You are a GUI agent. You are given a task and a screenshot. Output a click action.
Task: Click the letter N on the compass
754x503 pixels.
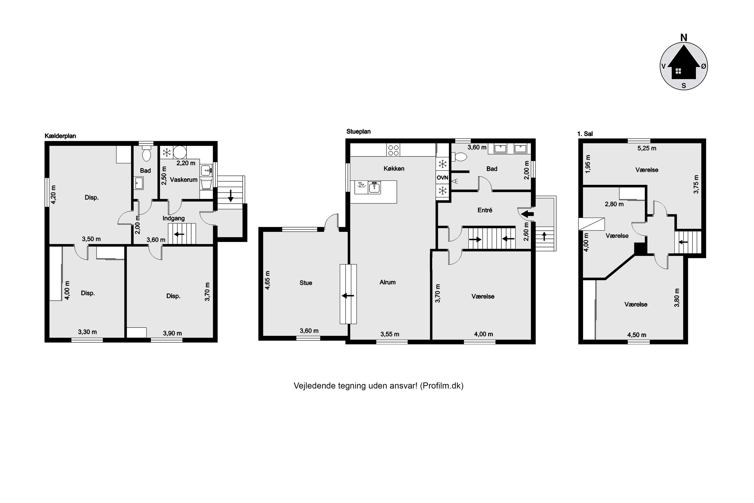tap(684, 38)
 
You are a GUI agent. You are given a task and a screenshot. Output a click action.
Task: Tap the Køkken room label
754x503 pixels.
tap(394, 169)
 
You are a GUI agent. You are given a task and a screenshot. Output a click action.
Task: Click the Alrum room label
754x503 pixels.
tap(388, 282)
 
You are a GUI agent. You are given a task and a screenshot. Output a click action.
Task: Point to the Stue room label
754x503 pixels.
tap(306, 283)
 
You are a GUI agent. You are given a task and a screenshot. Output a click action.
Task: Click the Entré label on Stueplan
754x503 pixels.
tap(485, 210)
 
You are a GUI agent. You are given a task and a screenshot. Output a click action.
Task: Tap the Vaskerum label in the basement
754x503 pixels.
tap(184, 180)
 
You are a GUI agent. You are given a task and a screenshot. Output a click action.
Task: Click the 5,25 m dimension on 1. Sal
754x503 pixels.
tap(647, 148)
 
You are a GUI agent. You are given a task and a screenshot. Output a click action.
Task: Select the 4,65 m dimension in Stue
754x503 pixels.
tap(268, 280)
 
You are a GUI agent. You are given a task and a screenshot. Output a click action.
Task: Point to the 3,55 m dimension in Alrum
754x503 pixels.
tap(390, 334)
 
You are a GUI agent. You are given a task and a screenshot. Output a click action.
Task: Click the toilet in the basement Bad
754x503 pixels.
tap(147, 154)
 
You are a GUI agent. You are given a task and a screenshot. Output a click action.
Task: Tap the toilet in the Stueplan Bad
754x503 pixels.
tap(459, 156)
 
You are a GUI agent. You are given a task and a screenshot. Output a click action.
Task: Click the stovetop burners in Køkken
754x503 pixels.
tap(393, 150)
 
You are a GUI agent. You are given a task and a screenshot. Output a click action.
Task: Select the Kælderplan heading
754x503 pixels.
tap(60, 136)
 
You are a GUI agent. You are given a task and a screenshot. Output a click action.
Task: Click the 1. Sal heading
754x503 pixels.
tap(585, 134)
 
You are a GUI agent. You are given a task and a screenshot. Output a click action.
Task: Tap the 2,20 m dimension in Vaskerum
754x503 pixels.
tap(186, 163)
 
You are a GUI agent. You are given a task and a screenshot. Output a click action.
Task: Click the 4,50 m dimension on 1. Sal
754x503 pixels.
tap(637, 335)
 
